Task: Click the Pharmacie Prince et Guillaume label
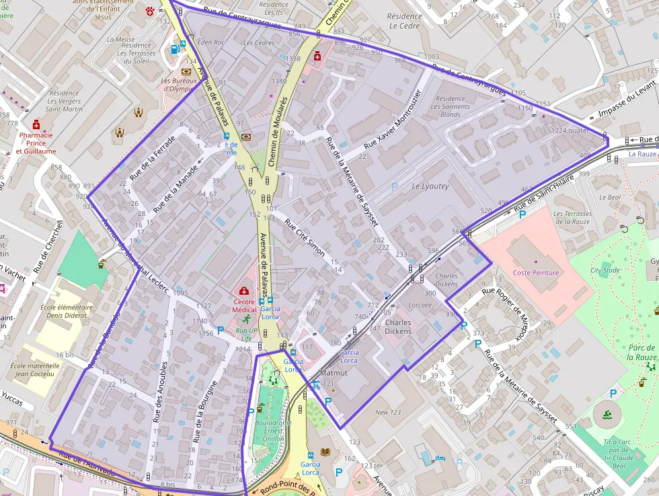36,143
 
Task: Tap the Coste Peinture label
536,272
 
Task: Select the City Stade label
605,270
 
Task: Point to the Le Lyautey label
430,186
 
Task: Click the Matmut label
334,372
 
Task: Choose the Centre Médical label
244,306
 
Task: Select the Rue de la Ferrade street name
152,158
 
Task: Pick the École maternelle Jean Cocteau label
36,370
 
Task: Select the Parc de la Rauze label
641,352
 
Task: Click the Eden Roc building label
211,42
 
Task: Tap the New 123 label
388,413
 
